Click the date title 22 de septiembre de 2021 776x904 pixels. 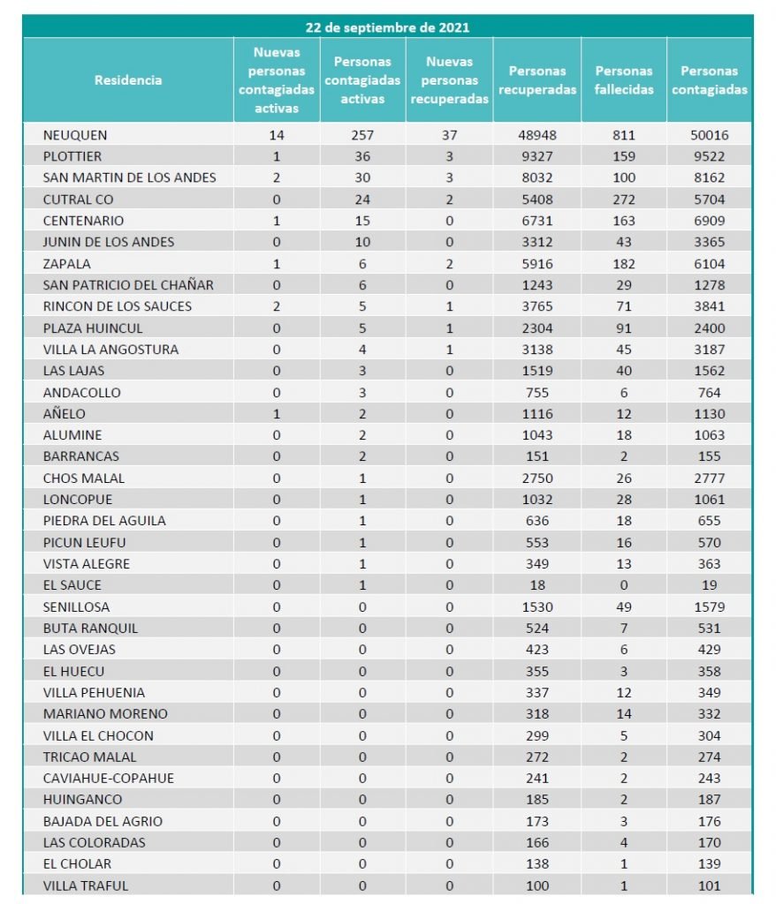pos(387,27)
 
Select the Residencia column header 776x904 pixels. pos(128,80)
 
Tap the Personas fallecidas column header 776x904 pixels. pos(624,80)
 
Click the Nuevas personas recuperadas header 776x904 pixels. pos(449,80)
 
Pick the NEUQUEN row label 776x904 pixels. pos(75,135)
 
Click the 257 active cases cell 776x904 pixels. pos(362,135)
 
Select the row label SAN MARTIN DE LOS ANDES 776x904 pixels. pos(129,177)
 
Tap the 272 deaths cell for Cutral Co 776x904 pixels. pos(623,200)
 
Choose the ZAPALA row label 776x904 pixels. pos(66,263)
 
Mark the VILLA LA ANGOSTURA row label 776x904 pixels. pos(110,350)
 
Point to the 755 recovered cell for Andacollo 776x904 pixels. pos(536,392)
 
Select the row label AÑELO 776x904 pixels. pos(65,414)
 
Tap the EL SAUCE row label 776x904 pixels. pos(72,585)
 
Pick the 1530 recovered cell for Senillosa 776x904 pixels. pos(536,606)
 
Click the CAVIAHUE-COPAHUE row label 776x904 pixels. pos(109,778)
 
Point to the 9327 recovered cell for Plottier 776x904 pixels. pos(536,156)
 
